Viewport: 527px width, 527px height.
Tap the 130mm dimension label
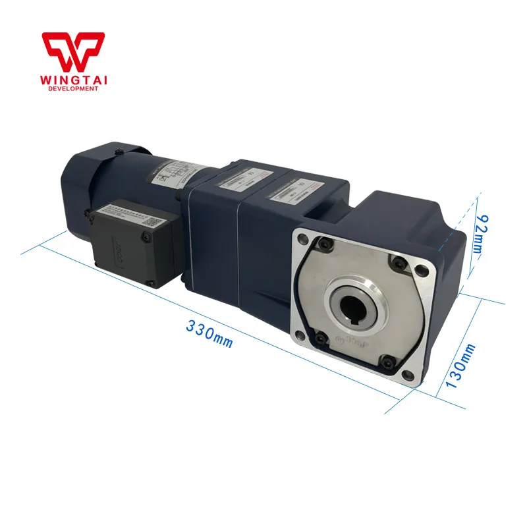[x=462, y=366]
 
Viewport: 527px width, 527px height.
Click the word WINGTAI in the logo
[x=78, y=79]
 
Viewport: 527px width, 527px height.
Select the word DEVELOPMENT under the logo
[x=78, y=89]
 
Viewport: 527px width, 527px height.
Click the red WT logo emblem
[x=72, y=50]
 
